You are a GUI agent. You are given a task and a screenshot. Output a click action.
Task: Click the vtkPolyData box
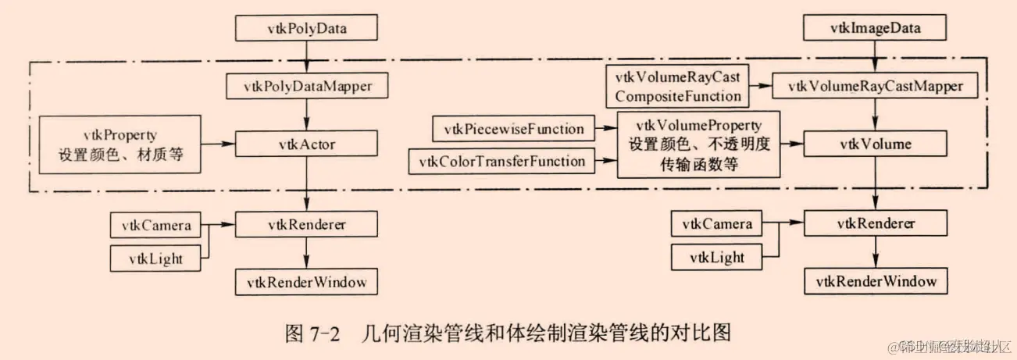[x=306, y=29]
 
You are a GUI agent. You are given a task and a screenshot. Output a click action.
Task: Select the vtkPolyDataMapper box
[x=306, y=86]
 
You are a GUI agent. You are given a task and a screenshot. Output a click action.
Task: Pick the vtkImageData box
[x=873, y=29]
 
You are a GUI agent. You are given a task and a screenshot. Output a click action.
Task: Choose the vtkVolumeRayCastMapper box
[x=873, y=86]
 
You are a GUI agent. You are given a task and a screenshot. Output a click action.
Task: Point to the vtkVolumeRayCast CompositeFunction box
[x=676, y=86]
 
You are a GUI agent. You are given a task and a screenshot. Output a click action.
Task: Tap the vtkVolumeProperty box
[x=699, y=144]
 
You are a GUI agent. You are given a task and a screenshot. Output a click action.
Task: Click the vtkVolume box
[x=873, y=144]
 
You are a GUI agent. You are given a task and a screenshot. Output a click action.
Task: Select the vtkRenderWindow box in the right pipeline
[x=873, y=280]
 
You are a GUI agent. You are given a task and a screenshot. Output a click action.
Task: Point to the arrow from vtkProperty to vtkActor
[x=218, y=144]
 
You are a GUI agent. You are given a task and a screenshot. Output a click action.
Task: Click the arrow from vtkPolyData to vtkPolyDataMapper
[x=306, y=57]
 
